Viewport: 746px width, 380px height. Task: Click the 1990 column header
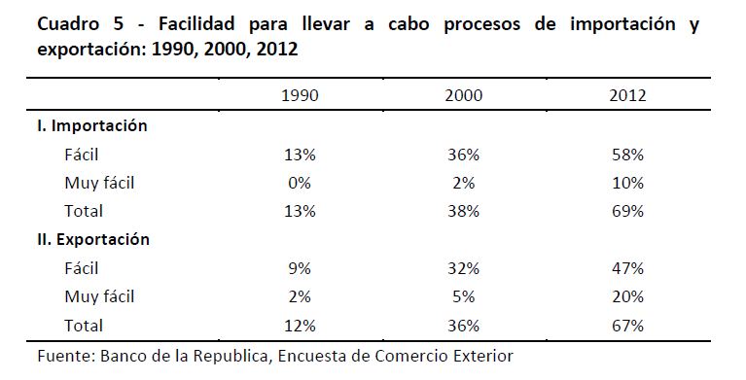click(x=300, y=95)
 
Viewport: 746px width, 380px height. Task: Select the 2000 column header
click(x=463, y=95)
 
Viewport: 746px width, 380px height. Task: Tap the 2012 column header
click(x=627, y=95)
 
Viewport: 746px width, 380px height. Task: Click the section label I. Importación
click(x=92, y=125)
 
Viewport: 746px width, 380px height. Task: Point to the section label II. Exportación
click(x=93, y=239)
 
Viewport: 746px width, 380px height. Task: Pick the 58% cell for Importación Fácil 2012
click(x=627, y=155)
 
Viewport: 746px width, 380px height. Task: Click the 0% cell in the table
click(x=300, y=183)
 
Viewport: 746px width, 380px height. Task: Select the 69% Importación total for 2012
click(x=627, y=211)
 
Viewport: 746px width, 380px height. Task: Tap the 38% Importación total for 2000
click(x=463, y=211)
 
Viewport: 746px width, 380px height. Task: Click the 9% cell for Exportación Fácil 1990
click(x=300, y=268)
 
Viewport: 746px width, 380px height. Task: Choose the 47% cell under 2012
click(x=627, y=268)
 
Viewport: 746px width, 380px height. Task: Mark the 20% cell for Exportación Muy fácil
click(x=627, y=296)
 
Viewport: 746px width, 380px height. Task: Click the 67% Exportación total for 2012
click(x=627, y=326)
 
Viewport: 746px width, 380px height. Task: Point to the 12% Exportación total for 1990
click(x=300, y=326)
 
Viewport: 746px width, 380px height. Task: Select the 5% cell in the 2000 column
click(x=463, y=296)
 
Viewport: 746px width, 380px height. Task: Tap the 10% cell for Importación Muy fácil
click(x=627, y=183)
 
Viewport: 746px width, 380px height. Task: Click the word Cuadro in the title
click(x=68, y=23)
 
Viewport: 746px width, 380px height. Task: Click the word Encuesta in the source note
click(x=311, y=356)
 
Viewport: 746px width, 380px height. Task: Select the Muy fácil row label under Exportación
click(x=99, y=297)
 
